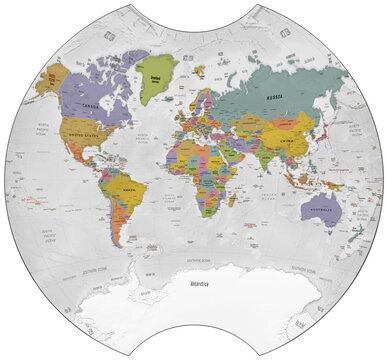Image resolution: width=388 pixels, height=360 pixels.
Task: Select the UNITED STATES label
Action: point(80,133)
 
